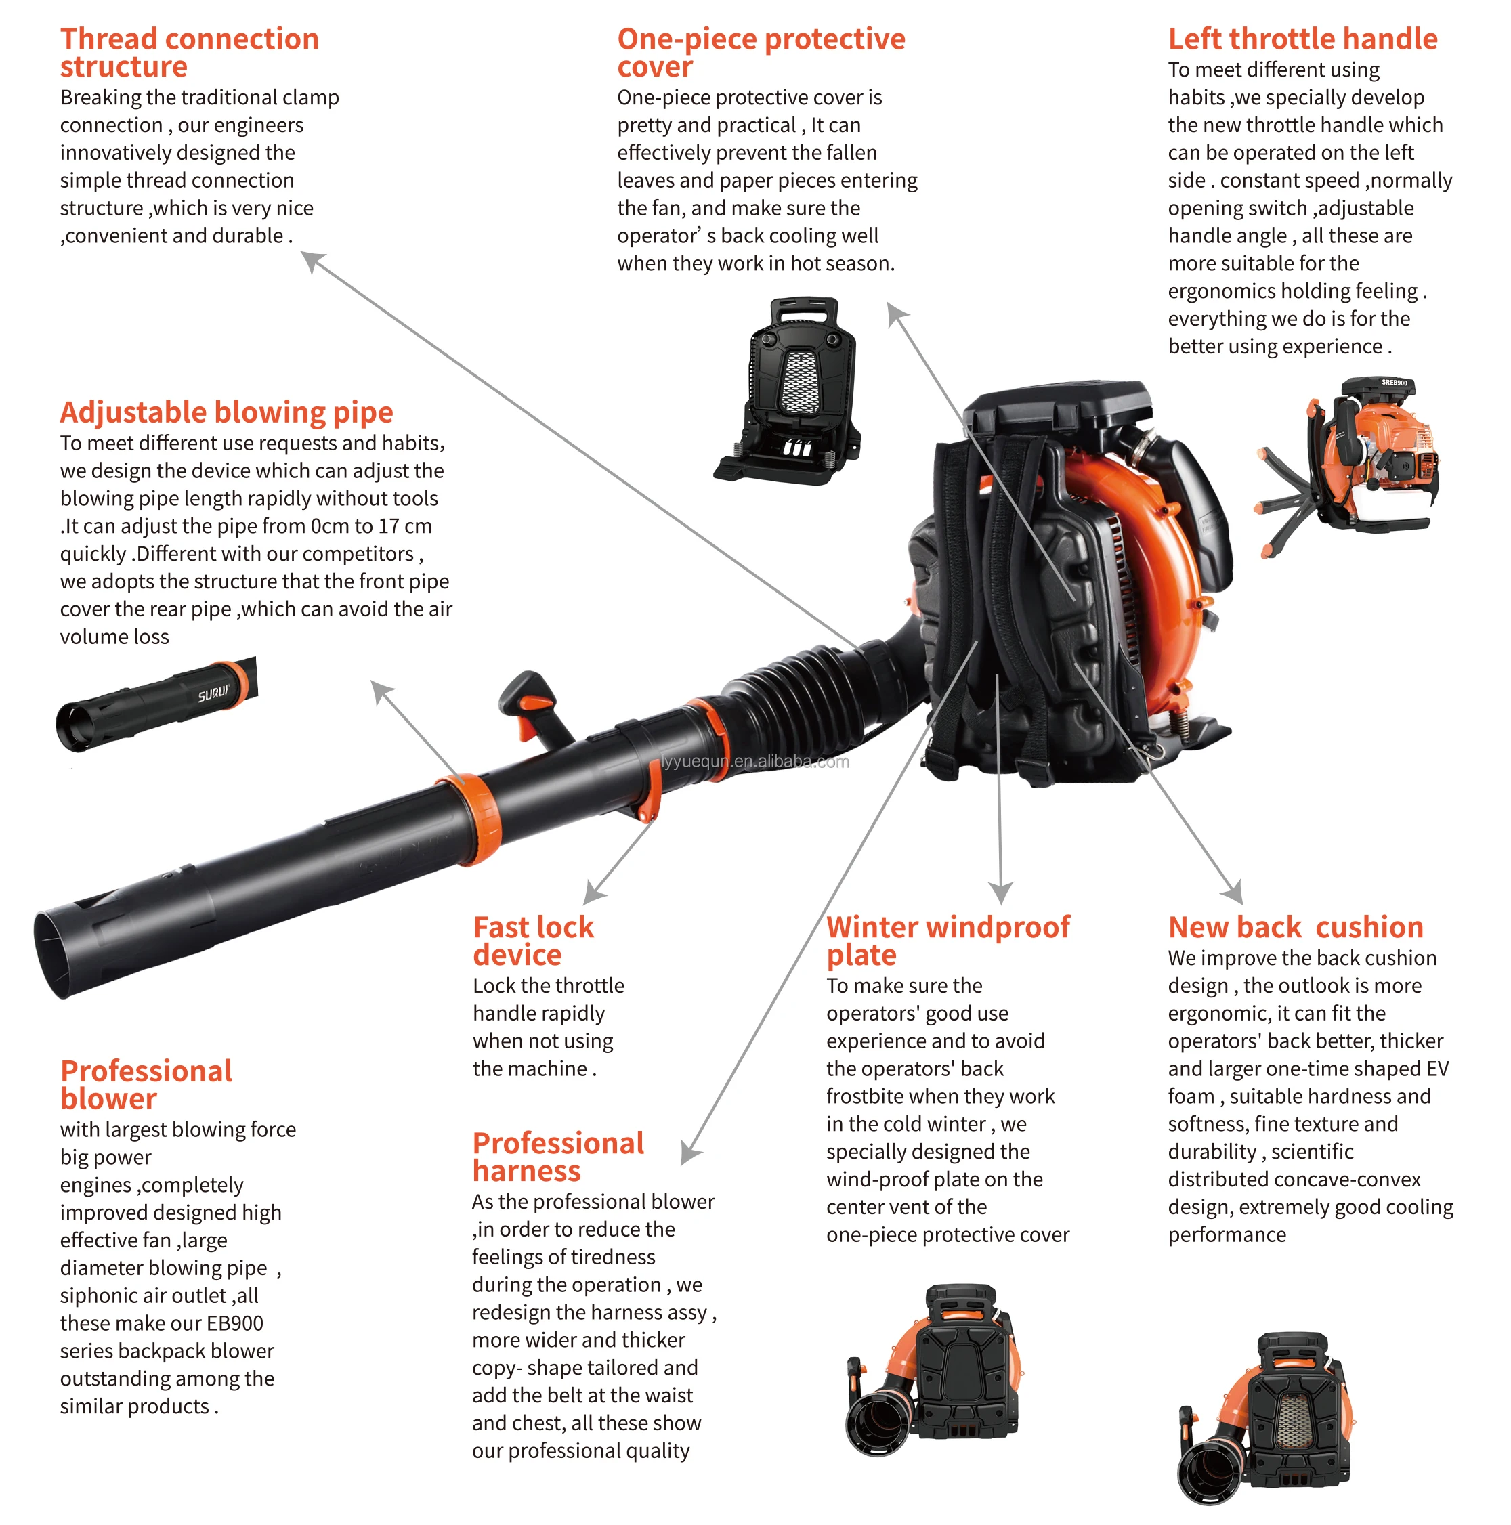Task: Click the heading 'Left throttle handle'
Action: pos(1302,39)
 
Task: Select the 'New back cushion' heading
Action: pos(1295,926)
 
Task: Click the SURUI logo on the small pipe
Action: pos(213,693)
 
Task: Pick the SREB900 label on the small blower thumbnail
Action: pos(1393,383)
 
